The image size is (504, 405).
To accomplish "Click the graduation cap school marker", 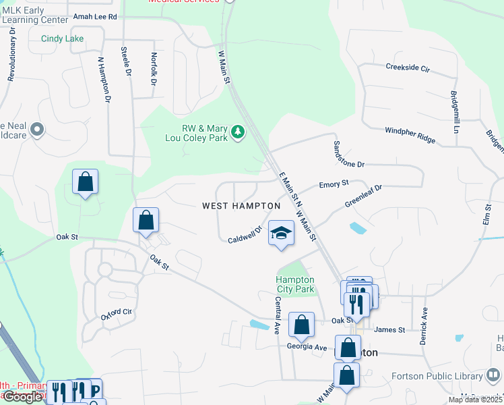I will (x=281, y=234).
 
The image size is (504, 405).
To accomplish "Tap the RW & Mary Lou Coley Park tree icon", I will (x=237, y=132).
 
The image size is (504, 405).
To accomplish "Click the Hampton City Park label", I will (x=295, y=284).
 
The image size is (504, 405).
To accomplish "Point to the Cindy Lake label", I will (x=62, y=38).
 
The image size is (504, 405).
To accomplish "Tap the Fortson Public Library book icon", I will (x=493, y=375).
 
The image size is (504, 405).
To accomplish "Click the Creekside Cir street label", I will (x=407, y=68).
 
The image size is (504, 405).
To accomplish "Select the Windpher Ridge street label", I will (x=410, y=134).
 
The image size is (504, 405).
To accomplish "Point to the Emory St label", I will (x=334, y=183).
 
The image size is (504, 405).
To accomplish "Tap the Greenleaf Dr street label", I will (x=363, y=195).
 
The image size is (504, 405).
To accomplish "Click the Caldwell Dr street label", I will (x=244, y=236).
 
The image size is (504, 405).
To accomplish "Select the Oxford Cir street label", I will (x=116, y=313).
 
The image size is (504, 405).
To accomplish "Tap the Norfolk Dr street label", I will (x=154, y=69).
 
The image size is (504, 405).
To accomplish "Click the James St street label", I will (x=389, y=329).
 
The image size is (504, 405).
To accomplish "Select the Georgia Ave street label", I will (x=307, y=347).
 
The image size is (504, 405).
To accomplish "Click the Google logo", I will (x=22, y=397).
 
